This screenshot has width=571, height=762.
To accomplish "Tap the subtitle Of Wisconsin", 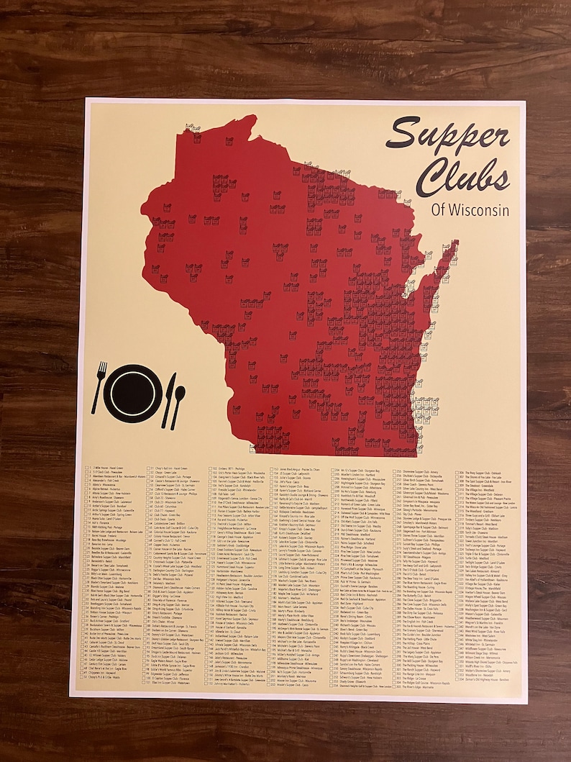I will click(x=471, y=209).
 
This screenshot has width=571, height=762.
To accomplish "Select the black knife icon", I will click(x=168, y=399).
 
